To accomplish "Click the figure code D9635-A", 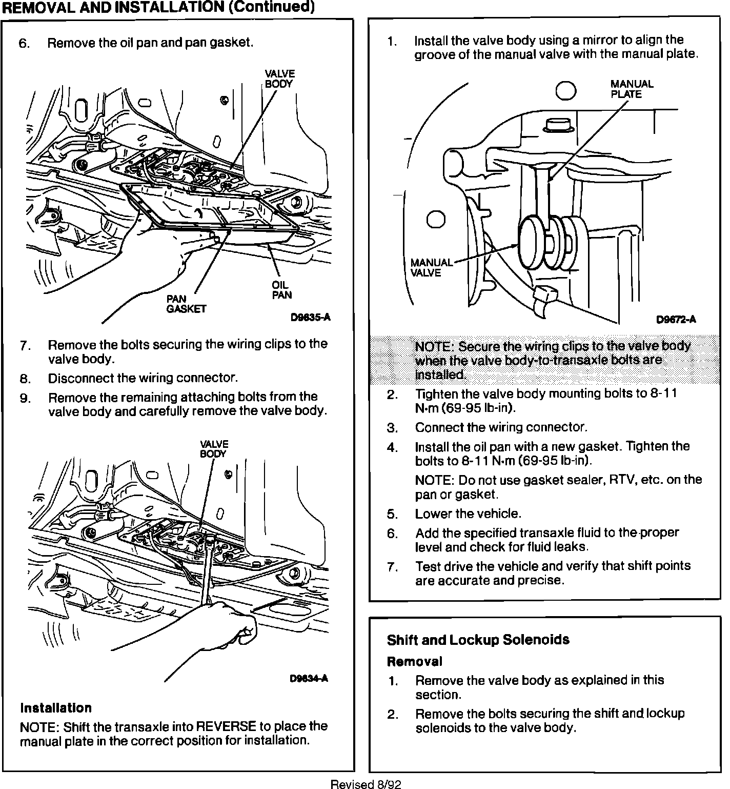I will (x=310, y=318).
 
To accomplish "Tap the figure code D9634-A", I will (x=309, y=678).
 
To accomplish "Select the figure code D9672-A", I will (x=676, y=320).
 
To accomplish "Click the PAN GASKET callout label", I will (x=186, y=304).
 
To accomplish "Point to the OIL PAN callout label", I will (x=281, y=290).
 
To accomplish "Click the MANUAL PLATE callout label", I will (x=632, y=89).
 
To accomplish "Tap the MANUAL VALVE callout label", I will (x=431, y=268).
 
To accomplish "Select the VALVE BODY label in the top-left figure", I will (x=279, y=78).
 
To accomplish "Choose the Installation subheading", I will (x=56, y=708).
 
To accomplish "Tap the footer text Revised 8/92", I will (x=366, y=784).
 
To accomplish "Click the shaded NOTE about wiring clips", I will (x=552, y=360).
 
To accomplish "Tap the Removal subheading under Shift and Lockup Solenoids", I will (x=414, y=661).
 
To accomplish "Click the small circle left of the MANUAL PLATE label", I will (x=567, y=91).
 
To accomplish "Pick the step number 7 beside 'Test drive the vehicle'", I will (x=392, y=567).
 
